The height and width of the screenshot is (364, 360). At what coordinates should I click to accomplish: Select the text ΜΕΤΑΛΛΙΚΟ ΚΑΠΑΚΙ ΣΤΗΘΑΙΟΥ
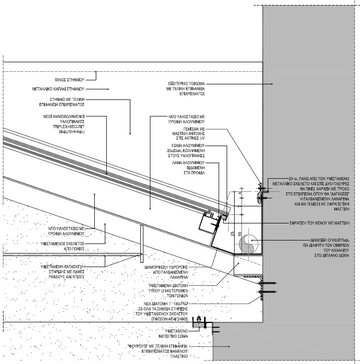coord(62,89)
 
